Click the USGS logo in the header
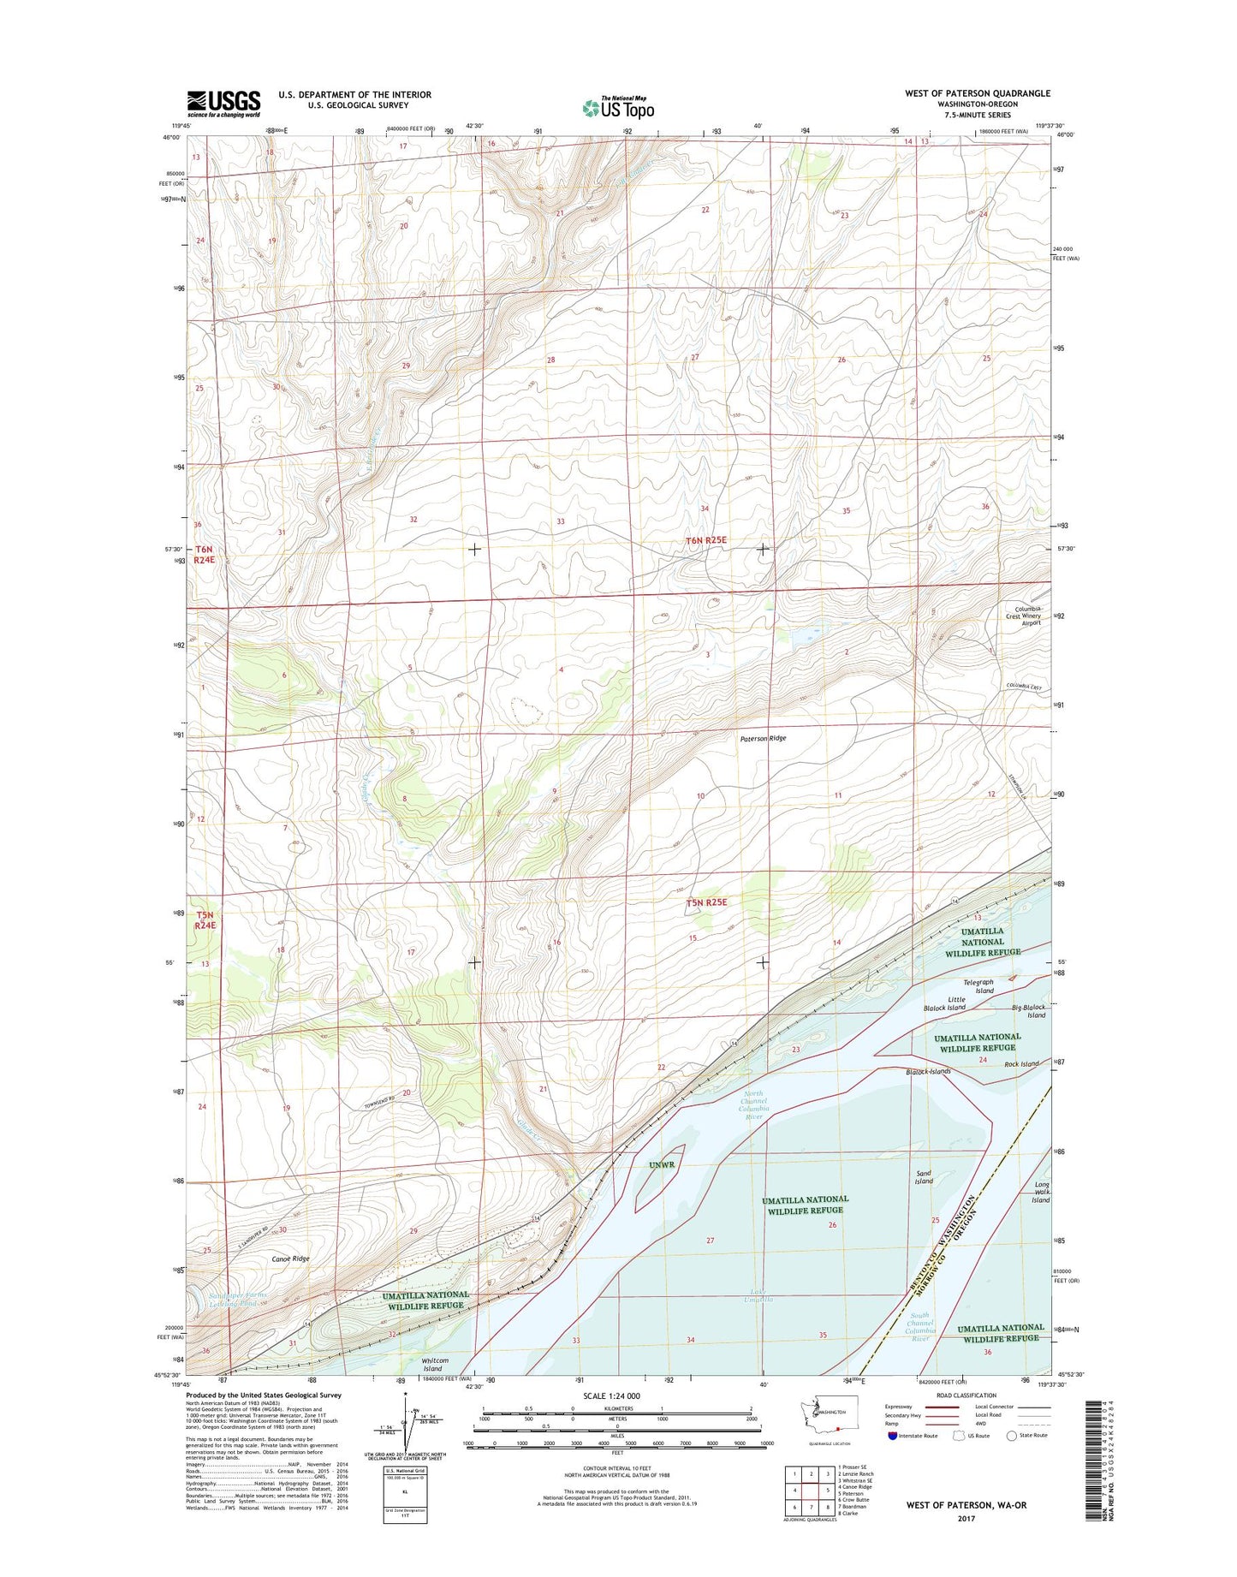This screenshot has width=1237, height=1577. [x=223, y=104]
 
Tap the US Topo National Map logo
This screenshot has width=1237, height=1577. [x=618, y=107]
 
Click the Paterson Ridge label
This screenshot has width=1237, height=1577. [x=763, y=738]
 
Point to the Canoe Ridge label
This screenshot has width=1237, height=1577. [x=290, y=1259]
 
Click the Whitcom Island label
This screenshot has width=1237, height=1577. [x=435, y=1364]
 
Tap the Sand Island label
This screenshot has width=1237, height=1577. [x=924, y=1177]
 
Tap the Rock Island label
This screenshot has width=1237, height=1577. [x=1021, y=1064]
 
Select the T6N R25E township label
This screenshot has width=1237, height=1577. [x=705, y=540]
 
